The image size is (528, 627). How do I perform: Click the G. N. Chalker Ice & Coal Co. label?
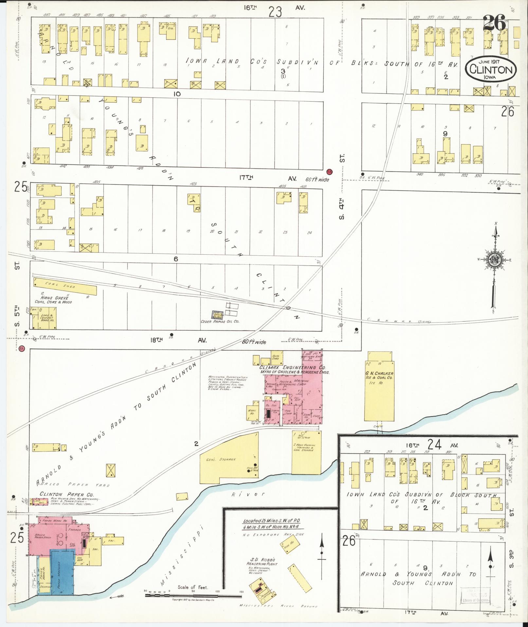(380, 376)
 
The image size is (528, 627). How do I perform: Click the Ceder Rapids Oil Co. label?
(220, 322)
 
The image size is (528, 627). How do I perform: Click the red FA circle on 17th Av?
(329, 171)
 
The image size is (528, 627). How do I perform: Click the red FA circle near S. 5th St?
(22, 348)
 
